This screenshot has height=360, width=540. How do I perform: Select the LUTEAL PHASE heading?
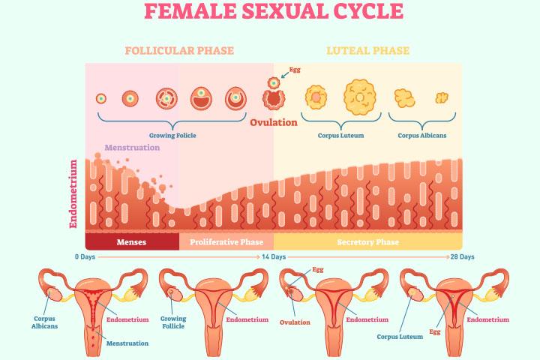[x=368, y=51]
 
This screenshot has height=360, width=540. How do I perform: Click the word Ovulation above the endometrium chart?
[x=274, y=122]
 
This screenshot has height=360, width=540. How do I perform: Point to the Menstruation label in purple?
[x=132, y=148]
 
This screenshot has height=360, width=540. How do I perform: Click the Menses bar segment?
[x=131, y=242]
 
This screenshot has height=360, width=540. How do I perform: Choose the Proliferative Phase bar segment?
[x=226, y=242]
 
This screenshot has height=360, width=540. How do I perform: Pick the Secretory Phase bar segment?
[x=367, y=242]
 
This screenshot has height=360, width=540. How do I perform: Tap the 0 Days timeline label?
[x=85, y=256]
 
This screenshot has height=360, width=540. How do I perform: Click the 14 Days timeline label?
[x=273, y=256]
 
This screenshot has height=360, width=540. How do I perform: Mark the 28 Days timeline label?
[x=463, y=256]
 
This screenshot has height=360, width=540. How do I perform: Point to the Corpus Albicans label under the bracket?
[x=422, y=136]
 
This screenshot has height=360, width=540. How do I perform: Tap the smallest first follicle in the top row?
[x=100, y=98]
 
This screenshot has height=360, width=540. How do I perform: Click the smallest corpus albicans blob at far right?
[x=442, y=97]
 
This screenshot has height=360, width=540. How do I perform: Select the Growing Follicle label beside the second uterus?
[x=172, y=322]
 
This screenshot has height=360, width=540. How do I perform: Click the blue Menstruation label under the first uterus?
[x=127, y=343]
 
